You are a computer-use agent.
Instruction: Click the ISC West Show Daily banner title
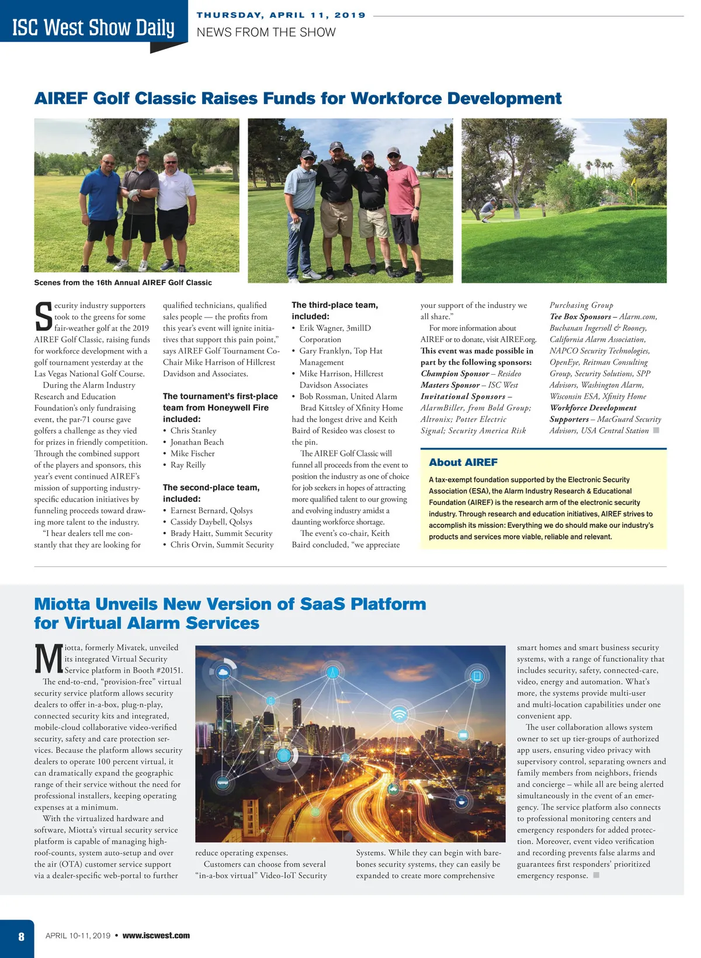[93, 27]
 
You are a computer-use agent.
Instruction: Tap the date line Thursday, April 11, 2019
[281, 15]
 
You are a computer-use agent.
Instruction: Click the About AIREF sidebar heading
[463, 462]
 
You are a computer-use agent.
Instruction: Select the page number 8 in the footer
[21, 936]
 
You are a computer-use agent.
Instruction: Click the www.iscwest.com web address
[156, 935]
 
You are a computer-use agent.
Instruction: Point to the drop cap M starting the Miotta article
[48, 659]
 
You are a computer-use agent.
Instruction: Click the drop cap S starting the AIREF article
[43, 316]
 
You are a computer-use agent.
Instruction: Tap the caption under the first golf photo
[123, 282]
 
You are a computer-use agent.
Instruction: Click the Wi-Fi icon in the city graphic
[399, 714]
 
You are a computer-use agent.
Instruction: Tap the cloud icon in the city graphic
[223, 672]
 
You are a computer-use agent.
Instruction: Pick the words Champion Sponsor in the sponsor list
[455, 373]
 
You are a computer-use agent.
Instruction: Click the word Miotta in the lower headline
[62, 604]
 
